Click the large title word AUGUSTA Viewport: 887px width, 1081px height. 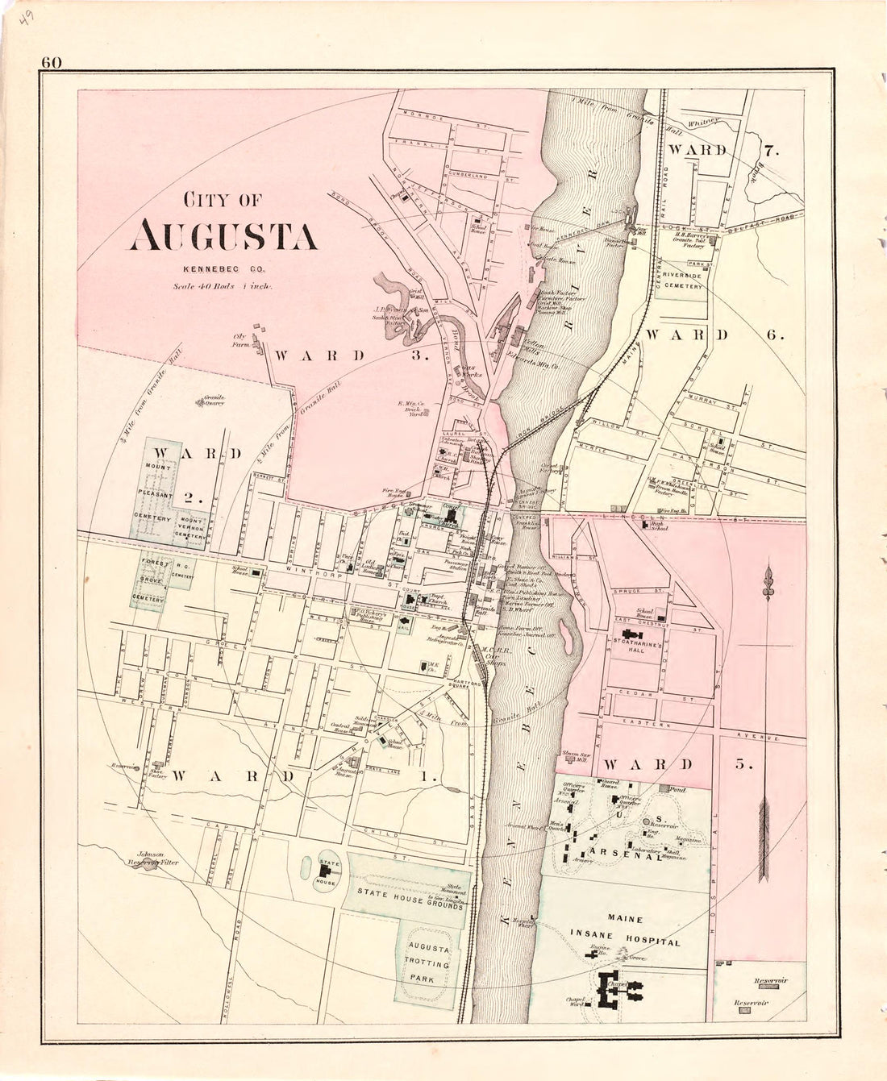coord(224,235)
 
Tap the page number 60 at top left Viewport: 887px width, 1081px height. coord(54,62)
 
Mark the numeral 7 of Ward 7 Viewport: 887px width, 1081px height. coord(770,150)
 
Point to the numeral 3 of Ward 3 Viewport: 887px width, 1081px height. coord(418,355)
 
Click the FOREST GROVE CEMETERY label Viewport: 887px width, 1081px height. coord(153,579)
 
